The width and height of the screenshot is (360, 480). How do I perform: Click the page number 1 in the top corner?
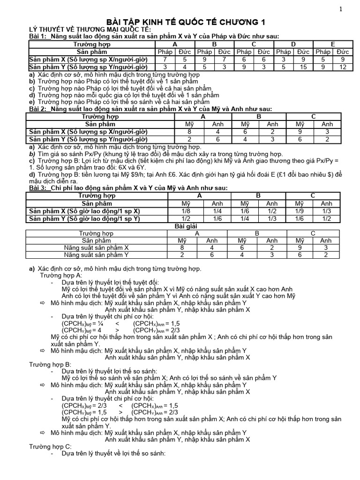point(341,9)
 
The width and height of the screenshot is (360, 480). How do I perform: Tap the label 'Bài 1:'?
point(39,36)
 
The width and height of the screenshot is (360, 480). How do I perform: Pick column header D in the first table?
point(293,44)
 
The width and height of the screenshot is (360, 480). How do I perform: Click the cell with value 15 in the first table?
point(304,67)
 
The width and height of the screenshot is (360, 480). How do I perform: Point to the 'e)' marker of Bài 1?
point(31,102)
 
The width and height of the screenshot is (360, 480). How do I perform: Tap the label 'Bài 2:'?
point(39,109)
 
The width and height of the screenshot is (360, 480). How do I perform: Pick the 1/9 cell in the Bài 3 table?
point(299,211)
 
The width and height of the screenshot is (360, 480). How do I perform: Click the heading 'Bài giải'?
point(180,226)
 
